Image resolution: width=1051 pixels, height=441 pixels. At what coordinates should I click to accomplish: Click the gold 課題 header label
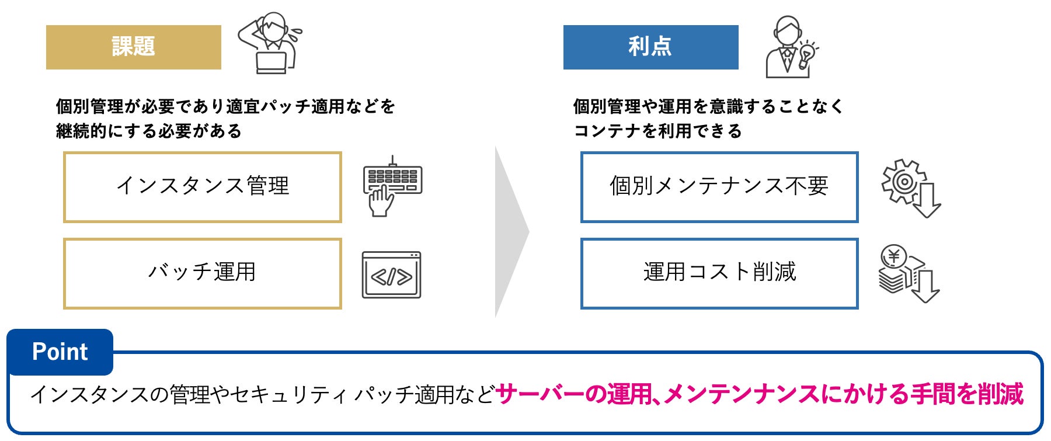[x=133, y=47]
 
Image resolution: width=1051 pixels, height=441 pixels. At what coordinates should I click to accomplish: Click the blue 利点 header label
[x=650, y=47]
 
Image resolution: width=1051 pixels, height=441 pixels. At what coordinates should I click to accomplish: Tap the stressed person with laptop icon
[x=271, y=43]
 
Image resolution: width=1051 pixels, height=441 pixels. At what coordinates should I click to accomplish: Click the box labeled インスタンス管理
[x=202, y=187]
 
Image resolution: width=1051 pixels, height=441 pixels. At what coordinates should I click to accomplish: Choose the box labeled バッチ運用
[x=202, y=273]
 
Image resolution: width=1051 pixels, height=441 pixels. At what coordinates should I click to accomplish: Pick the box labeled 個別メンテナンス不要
[x=719, y=187]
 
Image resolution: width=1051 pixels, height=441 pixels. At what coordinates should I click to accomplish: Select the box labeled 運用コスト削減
[x=719, y=273]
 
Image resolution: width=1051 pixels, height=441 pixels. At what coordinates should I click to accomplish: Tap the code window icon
[x=391, y=275]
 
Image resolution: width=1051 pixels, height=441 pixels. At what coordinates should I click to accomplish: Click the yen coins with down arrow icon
[x=908, y=274]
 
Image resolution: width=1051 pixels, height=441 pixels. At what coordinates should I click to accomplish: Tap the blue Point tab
[x=60, y=352]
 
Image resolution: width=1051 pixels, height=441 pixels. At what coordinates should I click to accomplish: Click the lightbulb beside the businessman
[x=808, y=54]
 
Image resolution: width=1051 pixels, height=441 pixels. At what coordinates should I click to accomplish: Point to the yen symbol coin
[x=893, y=256]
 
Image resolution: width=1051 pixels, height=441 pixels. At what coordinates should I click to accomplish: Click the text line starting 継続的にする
[x=148, y=131]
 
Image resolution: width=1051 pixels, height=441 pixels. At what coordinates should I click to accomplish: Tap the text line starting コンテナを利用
[x=657, y=131]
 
